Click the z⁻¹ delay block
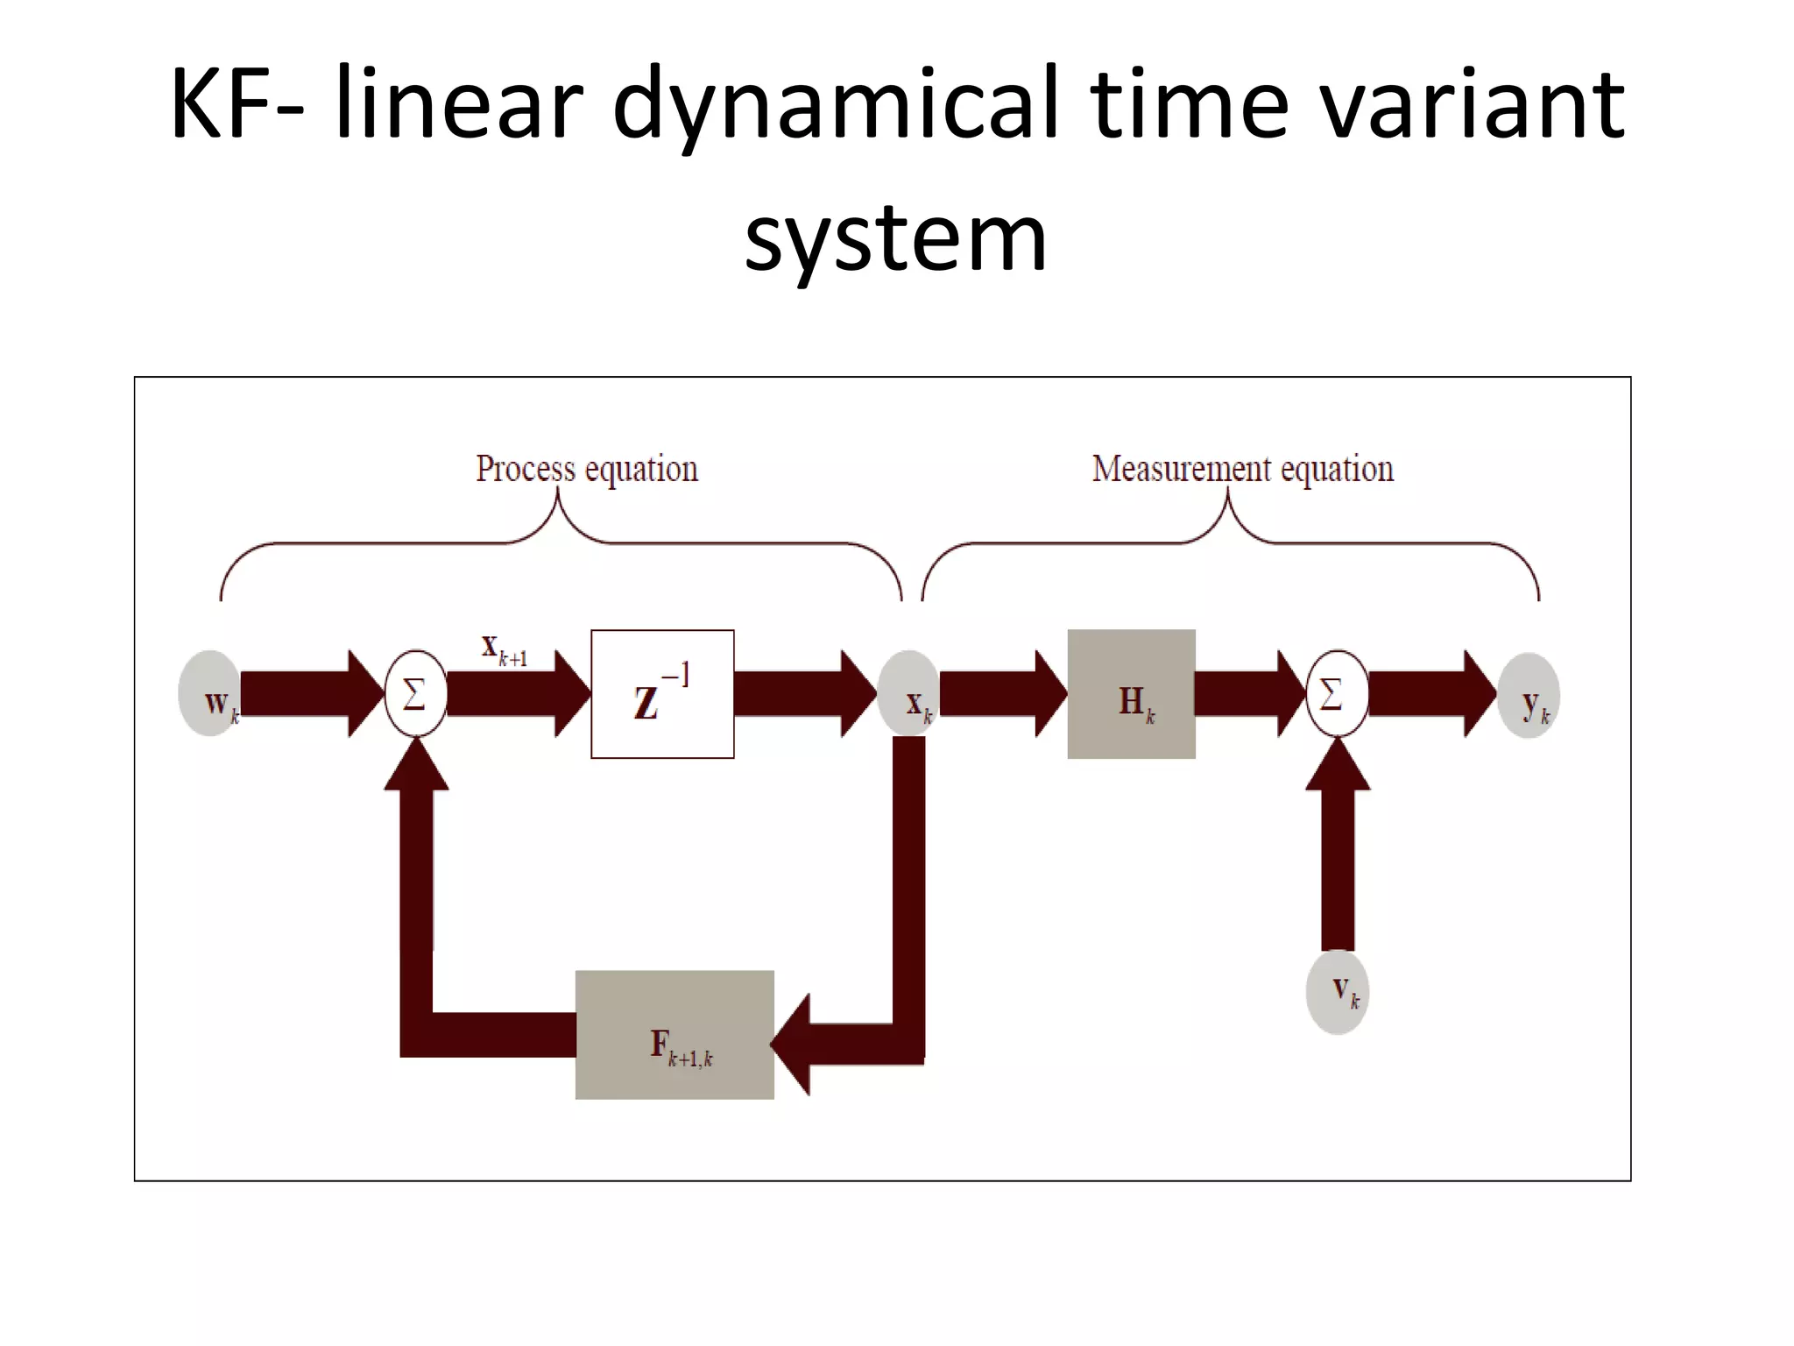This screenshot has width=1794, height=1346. tap(662, 694)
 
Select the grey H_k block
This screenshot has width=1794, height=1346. tap(1131, 694)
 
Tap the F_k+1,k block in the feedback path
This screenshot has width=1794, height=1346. tap(675, 1035)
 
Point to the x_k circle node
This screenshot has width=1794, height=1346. tap(908, 694)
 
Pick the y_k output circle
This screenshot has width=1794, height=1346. tap(1529, 696)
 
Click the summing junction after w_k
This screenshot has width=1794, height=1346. tap(416, 694)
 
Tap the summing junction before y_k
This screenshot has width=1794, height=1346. tap(1337, 694)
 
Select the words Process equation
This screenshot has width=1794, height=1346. tap(587, 469)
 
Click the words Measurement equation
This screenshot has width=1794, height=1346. tap(1242, 469)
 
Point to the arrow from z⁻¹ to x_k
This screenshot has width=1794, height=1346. tap(802, 694)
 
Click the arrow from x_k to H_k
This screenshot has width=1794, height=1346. tap(999, 694)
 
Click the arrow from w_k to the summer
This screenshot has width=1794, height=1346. tap(307, 694)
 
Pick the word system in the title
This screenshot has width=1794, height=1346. tap(895, 237)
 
